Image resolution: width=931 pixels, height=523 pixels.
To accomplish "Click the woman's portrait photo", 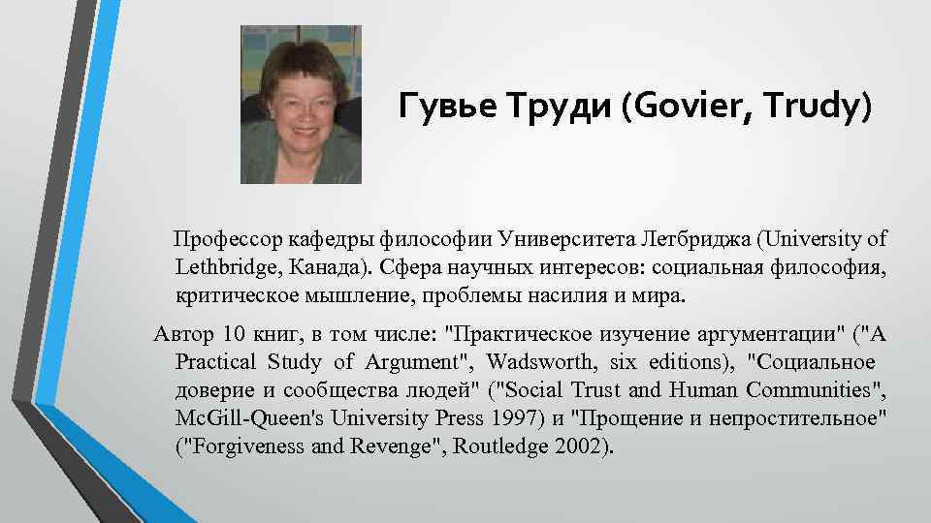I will tap(301, 105).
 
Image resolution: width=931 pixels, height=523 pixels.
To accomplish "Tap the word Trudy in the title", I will tap(820, 109).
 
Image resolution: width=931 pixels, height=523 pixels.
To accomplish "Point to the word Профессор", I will tap(221, 238).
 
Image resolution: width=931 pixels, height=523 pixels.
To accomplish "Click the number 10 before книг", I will tap(235, 336).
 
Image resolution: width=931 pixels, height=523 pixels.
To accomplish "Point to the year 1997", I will tap(482, 419).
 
